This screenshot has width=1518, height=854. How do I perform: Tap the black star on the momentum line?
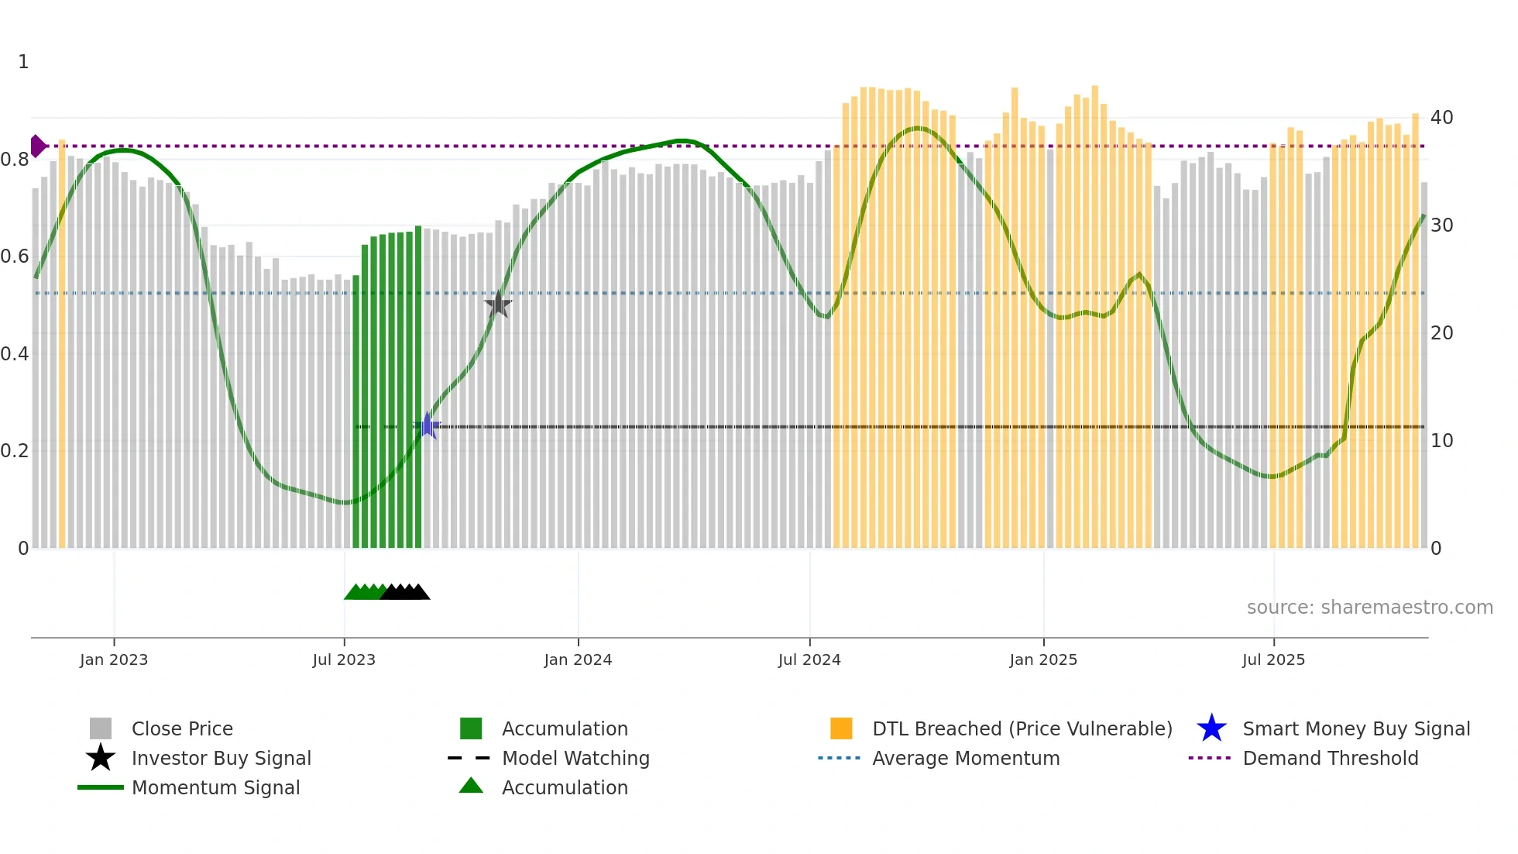point(498,305)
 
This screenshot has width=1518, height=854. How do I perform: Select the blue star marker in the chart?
point(427,425)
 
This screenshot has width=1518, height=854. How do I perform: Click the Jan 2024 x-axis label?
point(578,659)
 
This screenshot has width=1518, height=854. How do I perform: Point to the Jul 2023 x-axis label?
point(344,659)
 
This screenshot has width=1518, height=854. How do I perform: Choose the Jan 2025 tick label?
point(1043,659)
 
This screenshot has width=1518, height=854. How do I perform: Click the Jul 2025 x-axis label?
point(1273,659)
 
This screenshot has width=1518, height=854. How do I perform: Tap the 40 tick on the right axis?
point(1441,118)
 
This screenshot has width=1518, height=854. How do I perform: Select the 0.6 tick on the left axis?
point(15,257)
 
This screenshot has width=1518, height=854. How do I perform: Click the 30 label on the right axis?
point(1441,226)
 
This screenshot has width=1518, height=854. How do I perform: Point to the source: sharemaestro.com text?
point(1369,608)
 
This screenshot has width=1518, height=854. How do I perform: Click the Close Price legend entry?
point(182,728)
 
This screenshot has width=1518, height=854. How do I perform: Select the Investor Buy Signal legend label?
point(221,758)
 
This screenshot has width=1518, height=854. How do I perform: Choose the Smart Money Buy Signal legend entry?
point(1355,728)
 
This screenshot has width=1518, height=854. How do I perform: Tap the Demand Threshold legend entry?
point(1330,758)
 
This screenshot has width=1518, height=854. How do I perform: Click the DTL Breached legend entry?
point(1022,728)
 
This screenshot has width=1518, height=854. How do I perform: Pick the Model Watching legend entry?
point(575,758)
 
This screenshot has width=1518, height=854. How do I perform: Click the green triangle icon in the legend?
point(471,786)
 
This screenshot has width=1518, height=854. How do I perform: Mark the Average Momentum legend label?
point(966,758)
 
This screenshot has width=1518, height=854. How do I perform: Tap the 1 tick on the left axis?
point(23,62)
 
